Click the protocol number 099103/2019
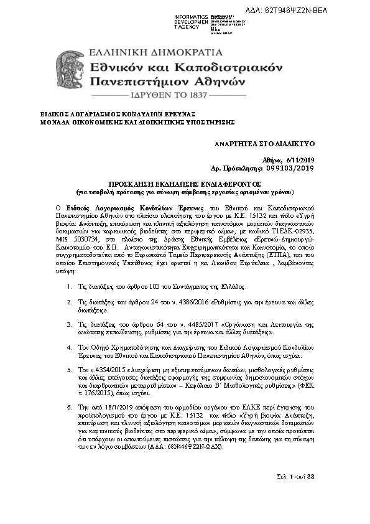coord(293,168)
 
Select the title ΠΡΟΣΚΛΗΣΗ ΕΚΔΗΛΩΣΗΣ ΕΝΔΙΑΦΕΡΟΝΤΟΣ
coord(185,185)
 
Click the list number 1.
coord(68,288)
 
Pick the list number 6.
coord(68,406)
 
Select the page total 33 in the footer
coord(312,477)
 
